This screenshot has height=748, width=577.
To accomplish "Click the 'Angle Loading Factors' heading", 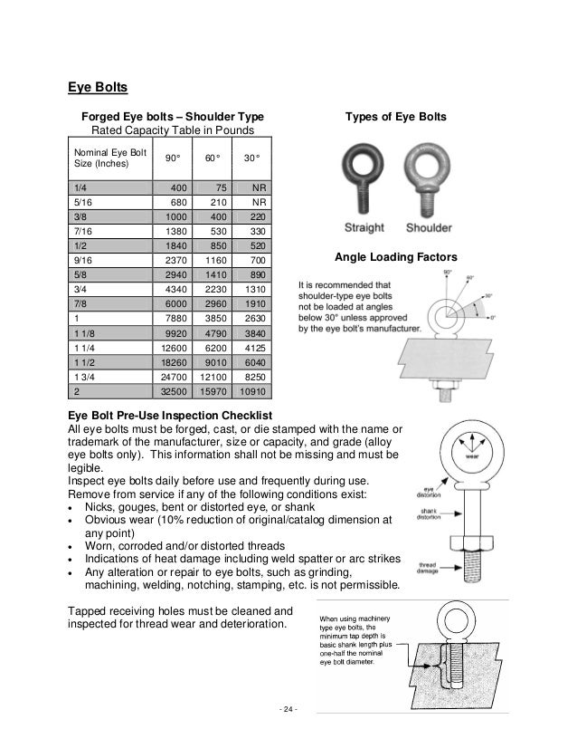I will click(x=396, y=258).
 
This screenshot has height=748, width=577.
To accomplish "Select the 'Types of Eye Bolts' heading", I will click(x=396, y=118).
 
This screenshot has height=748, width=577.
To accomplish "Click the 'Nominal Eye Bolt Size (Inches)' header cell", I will click(x=102, y=159).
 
